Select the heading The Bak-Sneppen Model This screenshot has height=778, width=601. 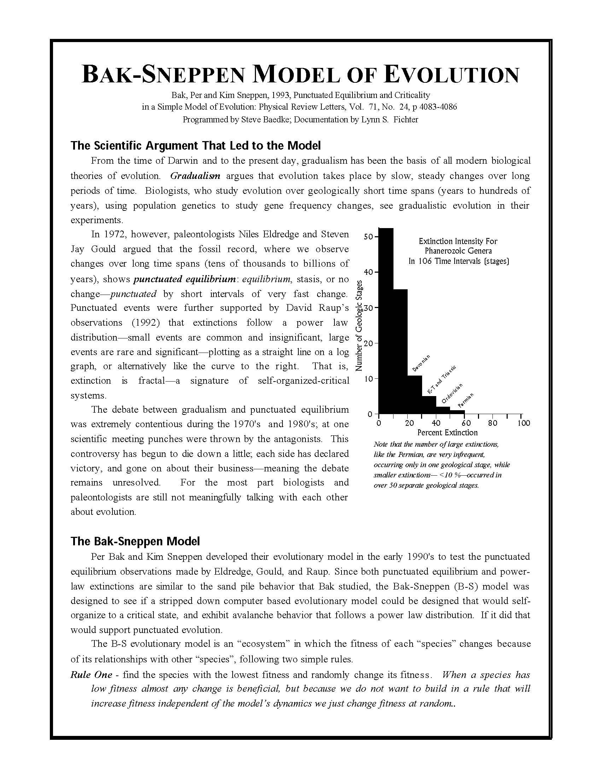coord(135,541)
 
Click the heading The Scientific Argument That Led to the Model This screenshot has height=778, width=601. coord(196,145)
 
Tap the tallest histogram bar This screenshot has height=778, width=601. coord(386,321)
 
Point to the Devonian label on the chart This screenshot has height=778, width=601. coord(421,363)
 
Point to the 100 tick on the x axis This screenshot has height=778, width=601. coord(523,423)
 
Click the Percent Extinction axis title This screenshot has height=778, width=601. coord(447,432)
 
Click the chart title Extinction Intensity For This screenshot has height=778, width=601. coord(458,241)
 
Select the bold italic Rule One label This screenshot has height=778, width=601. coord(92,675)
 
